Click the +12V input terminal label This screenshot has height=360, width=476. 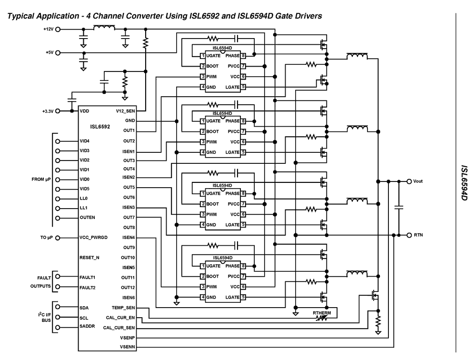(x=48, y=29)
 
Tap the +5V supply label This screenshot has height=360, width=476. (x=49, y=52)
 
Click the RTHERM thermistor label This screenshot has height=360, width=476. (x=322, y=313)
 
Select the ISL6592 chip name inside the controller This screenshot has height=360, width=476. (x=100, y=127)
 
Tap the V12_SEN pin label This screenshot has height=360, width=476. (x=125, y=111)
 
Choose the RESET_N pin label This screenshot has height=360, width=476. (x=90, y=257)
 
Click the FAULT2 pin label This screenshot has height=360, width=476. (x=89, y=287)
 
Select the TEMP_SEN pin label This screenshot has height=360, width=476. (x=123, y=308)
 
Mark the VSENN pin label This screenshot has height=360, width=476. (x=127, y=348)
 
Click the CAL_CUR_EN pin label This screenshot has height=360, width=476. (x=120, y=317)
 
